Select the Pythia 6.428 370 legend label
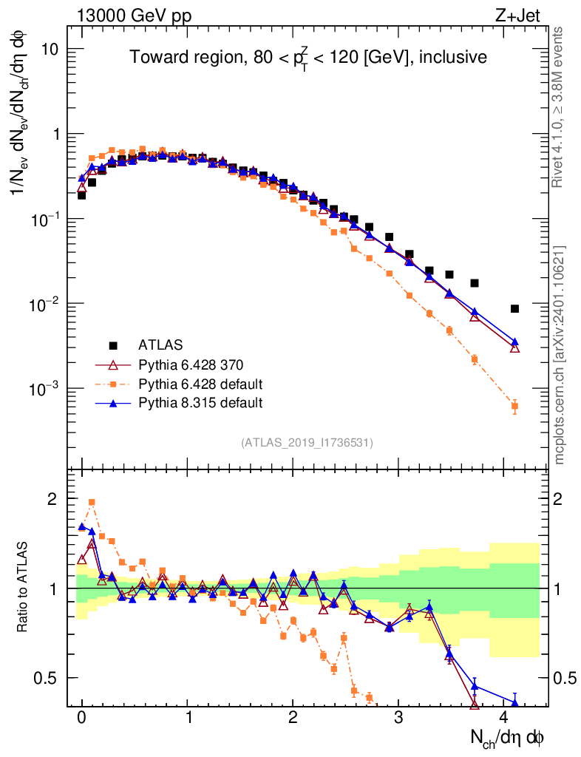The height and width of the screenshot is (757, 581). point(191,364)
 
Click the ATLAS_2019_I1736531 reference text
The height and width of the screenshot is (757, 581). point(307,443)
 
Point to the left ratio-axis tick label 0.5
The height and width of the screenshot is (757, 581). point(47,678)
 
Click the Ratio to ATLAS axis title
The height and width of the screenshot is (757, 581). point(24,588)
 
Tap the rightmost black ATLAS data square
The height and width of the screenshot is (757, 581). point(514,309)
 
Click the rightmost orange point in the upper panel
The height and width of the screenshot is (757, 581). point(514,406)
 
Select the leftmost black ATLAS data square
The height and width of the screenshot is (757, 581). point(81,195)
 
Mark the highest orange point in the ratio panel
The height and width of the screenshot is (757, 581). point(92,502)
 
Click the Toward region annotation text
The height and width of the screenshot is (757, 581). point(308,57)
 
